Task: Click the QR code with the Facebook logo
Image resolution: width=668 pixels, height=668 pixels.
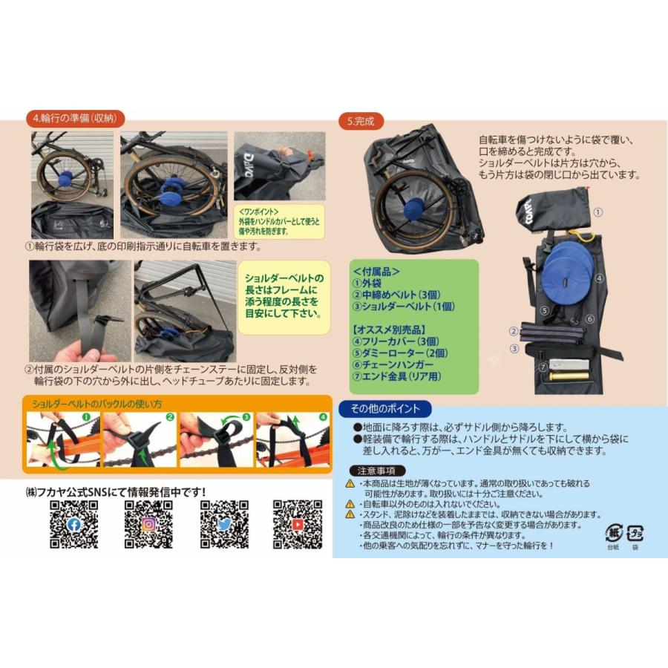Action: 73,525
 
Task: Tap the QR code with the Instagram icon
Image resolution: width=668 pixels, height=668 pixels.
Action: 148,525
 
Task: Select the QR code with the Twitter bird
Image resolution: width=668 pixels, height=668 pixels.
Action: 224,525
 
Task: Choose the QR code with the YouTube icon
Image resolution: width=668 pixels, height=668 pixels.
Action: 298,525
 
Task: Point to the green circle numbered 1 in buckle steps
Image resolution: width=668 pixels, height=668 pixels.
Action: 85,417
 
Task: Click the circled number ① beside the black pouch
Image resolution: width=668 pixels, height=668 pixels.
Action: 599,212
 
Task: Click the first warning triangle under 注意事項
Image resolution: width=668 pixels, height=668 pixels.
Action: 350,484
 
